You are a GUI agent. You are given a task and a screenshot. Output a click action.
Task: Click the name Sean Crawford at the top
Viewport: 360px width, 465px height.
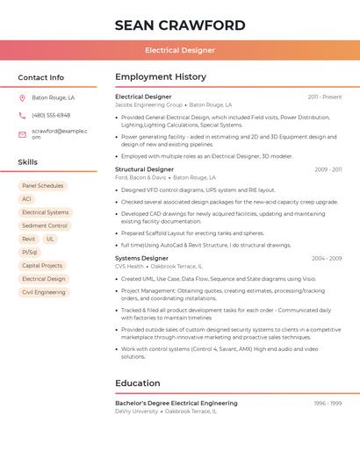pyautogui.click(x=179, y=25)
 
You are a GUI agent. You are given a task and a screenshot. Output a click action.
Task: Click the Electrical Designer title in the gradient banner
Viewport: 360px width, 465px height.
pyautogui.click(x=179, y=50)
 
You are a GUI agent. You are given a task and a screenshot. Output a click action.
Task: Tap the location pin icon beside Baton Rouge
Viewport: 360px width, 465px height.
pyautogui.click(x=22, y=98)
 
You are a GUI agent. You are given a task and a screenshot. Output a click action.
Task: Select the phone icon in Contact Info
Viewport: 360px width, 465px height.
pyautogui.click(x=22, y=116)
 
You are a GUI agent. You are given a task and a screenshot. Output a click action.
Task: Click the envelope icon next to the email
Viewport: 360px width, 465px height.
pyautogui.click(x=22, y=133)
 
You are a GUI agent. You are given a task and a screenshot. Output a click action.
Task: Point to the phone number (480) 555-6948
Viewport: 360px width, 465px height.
pyautogui.click(x=51, y=116)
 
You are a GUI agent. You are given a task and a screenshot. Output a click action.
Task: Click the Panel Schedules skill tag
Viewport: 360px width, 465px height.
pyautogui.click(x=42, y=186)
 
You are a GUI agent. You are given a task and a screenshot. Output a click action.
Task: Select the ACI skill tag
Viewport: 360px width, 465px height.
pyautogui.click(x=26, y=199)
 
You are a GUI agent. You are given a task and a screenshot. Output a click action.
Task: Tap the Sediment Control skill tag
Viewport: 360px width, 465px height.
pyautogui.click(x=45, y=225)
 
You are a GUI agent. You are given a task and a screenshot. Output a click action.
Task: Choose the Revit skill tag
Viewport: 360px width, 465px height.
pyautogui.click(x=28, y=239)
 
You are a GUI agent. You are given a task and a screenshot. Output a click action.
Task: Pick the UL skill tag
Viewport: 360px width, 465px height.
pyautogui.click(x=50, y=239)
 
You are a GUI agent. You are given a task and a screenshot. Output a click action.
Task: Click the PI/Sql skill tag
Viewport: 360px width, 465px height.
pyautogui.click(x=30, y=252)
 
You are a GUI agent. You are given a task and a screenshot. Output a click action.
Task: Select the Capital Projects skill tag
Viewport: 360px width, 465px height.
pyautogui.click(x=42, y=265)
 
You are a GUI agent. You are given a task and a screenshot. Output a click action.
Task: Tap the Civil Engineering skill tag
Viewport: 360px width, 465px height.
pyautogui.click(x=44, y=292)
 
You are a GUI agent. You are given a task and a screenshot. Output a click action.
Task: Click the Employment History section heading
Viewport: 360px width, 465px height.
pyautogui.click(x=160, y=77)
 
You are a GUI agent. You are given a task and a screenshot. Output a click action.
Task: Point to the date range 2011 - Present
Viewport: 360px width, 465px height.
pyautogui.click(x=325, y=97)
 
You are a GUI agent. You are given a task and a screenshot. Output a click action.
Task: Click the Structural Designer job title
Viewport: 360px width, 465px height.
pyautogui.click(x=144, y=169)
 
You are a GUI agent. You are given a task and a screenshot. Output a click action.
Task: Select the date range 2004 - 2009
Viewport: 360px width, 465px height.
pyautogui.click(x=326, y=259)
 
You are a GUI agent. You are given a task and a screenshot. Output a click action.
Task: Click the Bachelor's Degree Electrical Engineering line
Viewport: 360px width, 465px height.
pyautogui.click(x=176, y=403)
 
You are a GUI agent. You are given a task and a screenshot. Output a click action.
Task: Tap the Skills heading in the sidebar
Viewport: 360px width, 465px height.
pyautogui.click(x=28, y=162)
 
